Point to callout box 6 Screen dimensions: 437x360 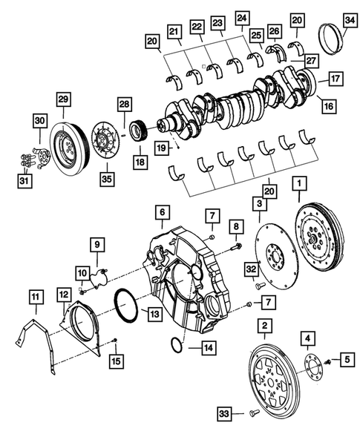(x=160, y=212)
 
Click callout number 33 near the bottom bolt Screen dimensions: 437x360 (x=225, y=412)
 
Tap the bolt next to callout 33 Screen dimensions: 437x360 (x=252, y=410)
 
